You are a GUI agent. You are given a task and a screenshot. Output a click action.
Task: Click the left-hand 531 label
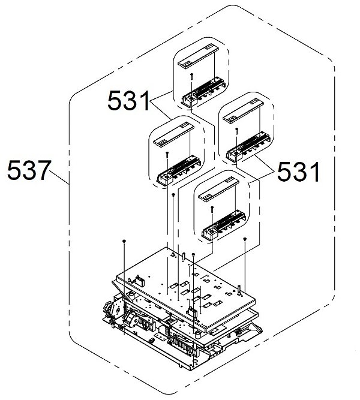coord(128,102)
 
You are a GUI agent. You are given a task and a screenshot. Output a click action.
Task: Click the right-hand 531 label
coord(298,173)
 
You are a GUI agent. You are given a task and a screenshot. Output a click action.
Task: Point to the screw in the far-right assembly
coord(238,130)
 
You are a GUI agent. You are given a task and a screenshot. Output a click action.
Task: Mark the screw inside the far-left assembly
coord(165,154)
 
